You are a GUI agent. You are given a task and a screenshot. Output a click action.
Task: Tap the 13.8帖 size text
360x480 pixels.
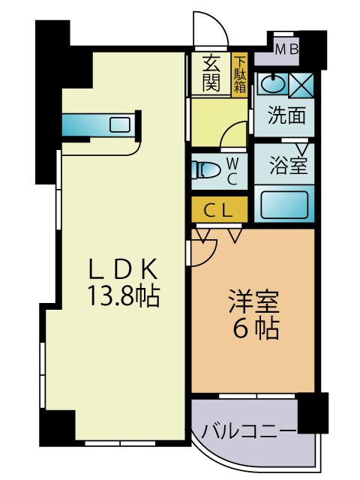pyautogui.click(x=124, y=296)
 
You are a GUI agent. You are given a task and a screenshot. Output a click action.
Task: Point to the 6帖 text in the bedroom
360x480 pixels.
pyautogui.click(x=254, y=328)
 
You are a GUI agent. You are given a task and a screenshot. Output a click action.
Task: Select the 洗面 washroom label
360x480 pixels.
pyautogui.click(x=286, y=117)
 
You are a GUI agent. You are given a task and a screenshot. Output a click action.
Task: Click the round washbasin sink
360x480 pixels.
pyautogui.click(x=273, y=83)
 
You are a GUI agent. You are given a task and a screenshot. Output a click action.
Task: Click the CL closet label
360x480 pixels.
pyautogui.click(x=220, y=210)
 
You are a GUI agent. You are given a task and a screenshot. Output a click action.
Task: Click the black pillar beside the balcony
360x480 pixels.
pyautogui.click(x=313, y=412)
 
